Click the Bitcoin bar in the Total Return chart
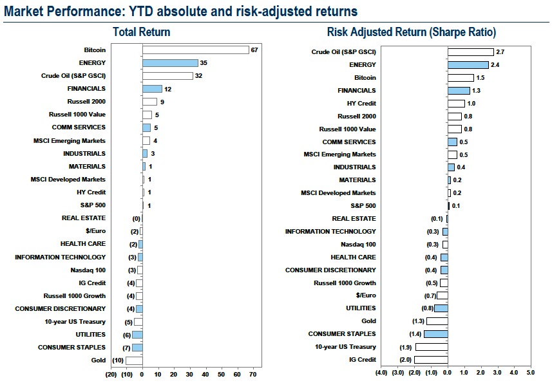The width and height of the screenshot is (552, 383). (195, 50)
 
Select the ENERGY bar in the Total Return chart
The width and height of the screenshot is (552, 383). (170, 63)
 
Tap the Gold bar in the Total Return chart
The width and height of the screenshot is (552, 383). (134, 360)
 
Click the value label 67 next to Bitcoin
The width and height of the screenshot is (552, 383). (254, 50)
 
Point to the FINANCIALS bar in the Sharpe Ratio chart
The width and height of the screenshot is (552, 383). (459, 91)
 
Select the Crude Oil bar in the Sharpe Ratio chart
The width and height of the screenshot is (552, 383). (470, 52)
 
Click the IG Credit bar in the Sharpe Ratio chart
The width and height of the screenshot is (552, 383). (431, 360)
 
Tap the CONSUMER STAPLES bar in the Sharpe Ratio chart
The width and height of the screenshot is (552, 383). (436, 334)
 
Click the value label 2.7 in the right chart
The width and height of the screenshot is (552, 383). (500, 52)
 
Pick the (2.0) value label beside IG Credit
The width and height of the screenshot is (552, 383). (404, 360)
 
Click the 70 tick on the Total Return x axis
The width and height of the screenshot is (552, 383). (252, 374)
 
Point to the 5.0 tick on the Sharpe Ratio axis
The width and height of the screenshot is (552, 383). (530, 372)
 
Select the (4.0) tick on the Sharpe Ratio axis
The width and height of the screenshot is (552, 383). (381, 372)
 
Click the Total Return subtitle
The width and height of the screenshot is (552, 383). (141, 32)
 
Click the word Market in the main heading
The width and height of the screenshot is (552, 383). (21, 11)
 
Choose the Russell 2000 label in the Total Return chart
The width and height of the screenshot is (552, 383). (86, 102)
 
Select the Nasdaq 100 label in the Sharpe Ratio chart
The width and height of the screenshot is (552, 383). (358, 245)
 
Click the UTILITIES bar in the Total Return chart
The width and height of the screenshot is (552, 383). (137, 335)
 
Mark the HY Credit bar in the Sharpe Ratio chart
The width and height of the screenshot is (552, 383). (456, 104)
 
